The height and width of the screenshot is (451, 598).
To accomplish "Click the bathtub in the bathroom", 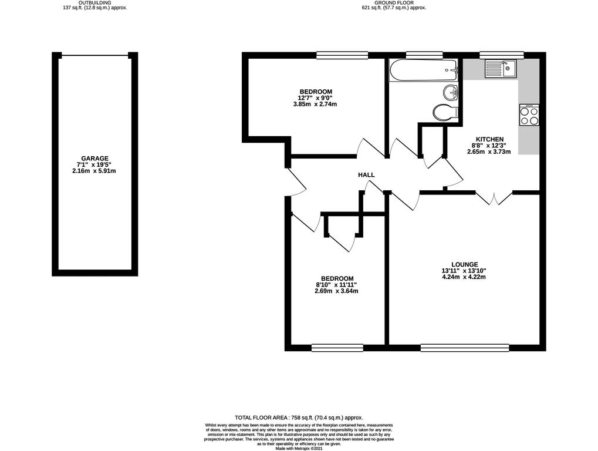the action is pyautogui.click(x=423, y=70).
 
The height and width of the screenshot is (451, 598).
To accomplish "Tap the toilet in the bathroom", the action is pyautogui.click(x=445, y=112).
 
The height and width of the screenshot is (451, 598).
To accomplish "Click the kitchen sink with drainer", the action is pyautogui.click(x=500, y=69).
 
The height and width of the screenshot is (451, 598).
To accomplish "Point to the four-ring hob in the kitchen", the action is pyautogui.click(x=529, y=115).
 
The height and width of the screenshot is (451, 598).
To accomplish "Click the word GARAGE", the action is pyautogui.click(x=94, y=159).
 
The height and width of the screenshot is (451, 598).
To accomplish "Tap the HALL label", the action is pyautogui.click(x=366, y=175).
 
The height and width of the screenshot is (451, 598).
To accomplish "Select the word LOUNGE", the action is pyautogui.click(x=465, y=264).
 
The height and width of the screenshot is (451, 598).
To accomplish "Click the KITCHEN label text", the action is pyautogui.click(x=489, y=139).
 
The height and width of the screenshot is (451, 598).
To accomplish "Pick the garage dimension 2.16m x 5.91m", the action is pyautogui.click(x=94, y=171).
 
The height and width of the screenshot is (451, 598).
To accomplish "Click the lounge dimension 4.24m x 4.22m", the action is pyautogui.click(x=464, y=277).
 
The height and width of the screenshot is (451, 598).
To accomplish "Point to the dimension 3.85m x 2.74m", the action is pyautogui.click(x=315, y=104).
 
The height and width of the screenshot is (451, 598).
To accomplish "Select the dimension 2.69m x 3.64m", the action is pyautogui.click(x=336, y=291).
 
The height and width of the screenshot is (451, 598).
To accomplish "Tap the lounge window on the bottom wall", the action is pyautogui.click(x=465, y=347).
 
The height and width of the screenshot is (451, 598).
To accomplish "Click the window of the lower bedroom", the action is pyautogui.click(x=337, y=347).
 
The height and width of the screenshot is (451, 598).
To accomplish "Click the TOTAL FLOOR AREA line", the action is pyautogui.click(x=299, y=418).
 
